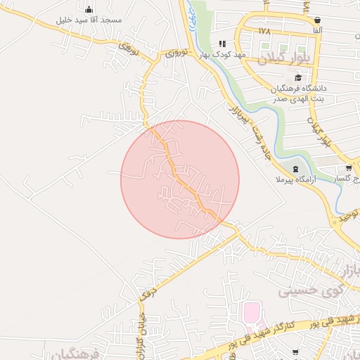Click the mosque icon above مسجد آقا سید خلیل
(89, 10)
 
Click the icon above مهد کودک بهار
(222, 44)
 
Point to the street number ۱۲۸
(264, 32)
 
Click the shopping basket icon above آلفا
(318, 20)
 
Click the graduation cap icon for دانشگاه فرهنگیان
(298, 78)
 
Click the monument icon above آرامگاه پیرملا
(294, 169)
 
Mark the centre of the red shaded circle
(180, 179)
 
